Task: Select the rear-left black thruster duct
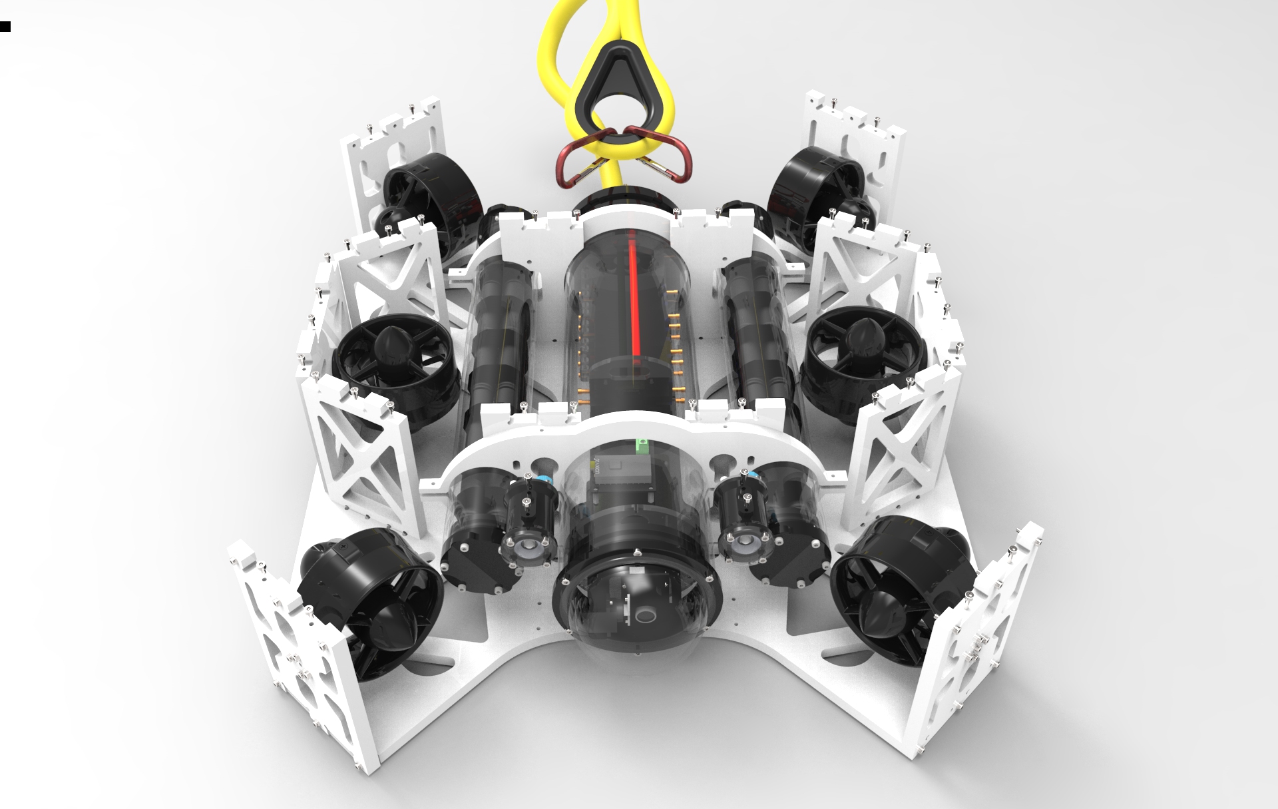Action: [429, 193]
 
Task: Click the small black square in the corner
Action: [5, 27]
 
